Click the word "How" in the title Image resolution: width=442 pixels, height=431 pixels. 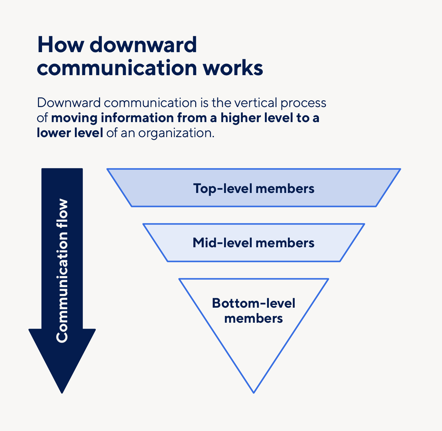point(60,45)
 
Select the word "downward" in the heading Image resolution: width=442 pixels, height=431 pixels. point(143,45)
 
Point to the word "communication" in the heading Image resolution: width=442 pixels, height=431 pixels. point(117,68)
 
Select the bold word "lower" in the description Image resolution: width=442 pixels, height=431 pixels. point(53,133)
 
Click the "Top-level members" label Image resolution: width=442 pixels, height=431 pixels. point(254,188)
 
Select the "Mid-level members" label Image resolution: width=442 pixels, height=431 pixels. point(254,243)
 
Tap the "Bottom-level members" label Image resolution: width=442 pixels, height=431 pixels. point(254,310)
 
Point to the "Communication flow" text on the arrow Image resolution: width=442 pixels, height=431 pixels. point(62,271)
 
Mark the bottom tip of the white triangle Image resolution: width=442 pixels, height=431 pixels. point(254,391)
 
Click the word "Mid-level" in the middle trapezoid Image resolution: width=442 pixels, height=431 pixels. point(222,243)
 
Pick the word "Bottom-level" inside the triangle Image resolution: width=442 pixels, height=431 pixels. point(254,303)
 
